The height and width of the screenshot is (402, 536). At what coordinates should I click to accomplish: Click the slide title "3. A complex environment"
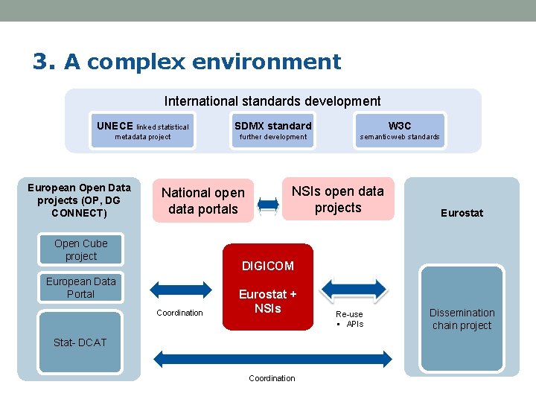(186, 61)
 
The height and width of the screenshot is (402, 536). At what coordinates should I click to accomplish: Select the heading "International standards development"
(272, 101)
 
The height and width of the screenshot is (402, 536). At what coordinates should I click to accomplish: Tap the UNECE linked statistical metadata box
(143, 130)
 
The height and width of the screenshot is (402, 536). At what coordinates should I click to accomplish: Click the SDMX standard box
(272, 130)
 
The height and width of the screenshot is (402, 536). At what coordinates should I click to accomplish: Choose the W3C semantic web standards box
(400, 130)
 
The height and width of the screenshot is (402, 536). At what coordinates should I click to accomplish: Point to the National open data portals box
(202, 201)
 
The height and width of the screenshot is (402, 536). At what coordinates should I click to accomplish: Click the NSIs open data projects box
(338, 200)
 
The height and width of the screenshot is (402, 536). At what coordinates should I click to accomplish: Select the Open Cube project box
(80, 250)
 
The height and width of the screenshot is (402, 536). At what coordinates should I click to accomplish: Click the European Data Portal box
(80, 287)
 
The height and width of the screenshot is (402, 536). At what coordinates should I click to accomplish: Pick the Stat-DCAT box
(80, 342)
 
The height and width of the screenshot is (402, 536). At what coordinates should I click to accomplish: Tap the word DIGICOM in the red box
(268, 266)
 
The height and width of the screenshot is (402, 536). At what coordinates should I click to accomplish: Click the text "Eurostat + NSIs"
(268, 301)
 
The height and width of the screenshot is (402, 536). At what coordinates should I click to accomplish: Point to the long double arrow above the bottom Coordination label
(272, 359)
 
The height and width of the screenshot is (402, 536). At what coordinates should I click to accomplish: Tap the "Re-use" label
(349, 314)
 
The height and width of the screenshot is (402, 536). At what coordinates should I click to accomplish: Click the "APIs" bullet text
(354, 324)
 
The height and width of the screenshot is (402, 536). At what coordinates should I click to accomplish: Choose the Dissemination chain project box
(462, 319)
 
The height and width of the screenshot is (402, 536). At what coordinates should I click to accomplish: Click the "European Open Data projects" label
(79, 200)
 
